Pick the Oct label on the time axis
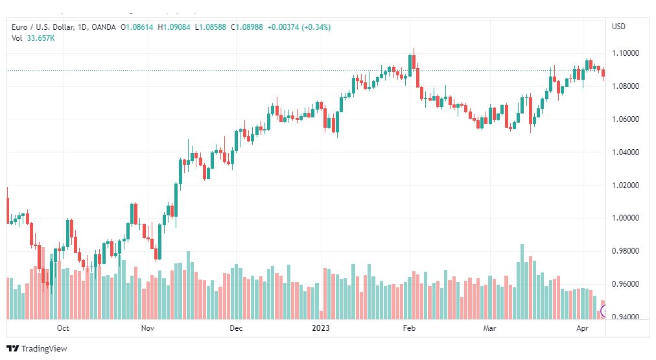(x=63, y=328)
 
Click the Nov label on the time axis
(x=147, y=328)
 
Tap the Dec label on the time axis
(x=235, y=328)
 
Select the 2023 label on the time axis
(x=321, y=328)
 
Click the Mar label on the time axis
(x=489, y=328)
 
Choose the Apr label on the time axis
(x=582, y=328)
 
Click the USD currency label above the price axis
(x=618, y=27)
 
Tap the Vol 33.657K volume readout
(x=33, y=38)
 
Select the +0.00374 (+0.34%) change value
(x=300, y=27)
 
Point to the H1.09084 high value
(x=175, y=27)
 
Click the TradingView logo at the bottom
(x=37, y=348)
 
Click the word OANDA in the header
(x=104, y=27)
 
